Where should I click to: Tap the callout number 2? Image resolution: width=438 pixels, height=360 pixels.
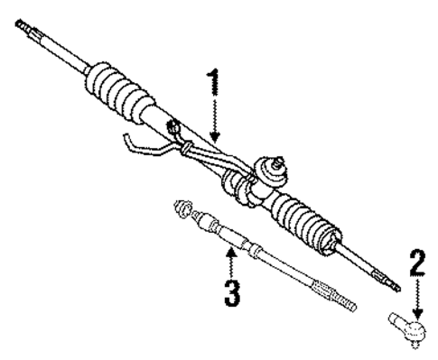point(417,263)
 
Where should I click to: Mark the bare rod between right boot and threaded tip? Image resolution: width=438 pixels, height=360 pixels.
point(362,263)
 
